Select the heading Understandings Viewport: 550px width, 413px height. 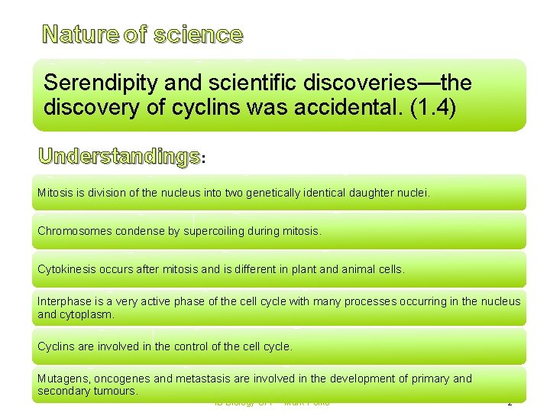click(x=118, y=157)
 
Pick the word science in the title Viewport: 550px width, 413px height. click(x=198, y=35)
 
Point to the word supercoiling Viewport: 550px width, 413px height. click(x=215, y=231)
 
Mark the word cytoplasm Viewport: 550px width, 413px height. click(x=86, y=314)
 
